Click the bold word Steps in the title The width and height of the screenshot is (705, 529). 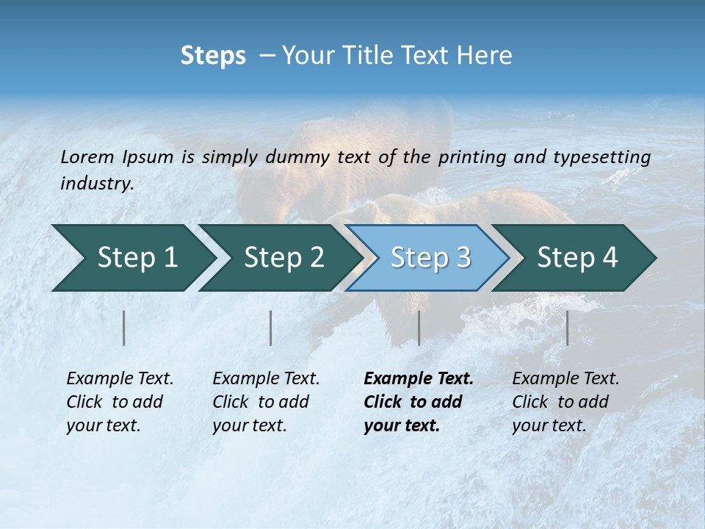pos(213,56)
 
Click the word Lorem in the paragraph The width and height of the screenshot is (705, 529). pos(87,156)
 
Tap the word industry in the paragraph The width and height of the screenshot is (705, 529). pos(97,183)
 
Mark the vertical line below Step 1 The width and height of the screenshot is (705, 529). pos(124,328)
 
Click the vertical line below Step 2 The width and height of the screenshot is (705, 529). pos(271,328)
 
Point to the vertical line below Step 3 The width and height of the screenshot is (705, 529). pos(419,328)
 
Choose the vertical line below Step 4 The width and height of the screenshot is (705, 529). pos(567,328)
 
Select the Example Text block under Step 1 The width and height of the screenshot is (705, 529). pos(120,402)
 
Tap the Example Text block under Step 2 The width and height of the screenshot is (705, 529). pos(266,402)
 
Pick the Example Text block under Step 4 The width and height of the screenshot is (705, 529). pos(565,402)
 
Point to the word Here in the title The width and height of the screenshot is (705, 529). pos(489,56)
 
